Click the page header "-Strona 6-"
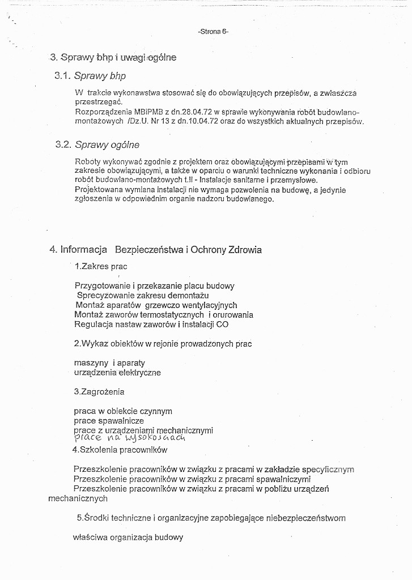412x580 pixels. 213,32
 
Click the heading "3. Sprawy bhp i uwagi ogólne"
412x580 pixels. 113,57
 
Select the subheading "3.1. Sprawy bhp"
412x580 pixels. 91,76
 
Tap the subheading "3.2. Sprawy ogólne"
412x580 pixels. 97,145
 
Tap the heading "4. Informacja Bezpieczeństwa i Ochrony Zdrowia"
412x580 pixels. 156,250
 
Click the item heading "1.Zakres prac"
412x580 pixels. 101,266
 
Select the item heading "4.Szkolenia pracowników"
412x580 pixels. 120,450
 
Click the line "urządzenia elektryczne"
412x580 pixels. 117,373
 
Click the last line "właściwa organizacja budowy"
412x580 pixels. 128,538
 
